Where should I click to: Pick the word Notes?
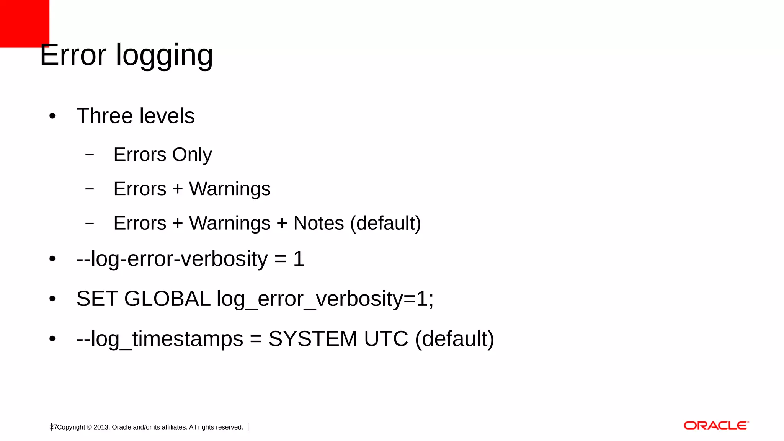pos(318,223)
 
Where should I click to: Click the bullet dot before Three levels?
pos(52,116)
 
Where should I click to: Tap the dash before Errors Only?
pos(90,155)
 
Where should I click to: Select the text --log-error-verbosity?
pos(172,259)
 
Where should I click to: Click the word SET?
pos(97,299)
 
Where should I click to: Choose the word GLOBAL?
pos(167,299)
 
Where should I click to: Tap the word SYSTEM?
pos(313,339)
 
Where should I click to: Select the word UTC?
pos(386,339)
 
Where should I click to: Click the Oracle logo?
pos(716,426)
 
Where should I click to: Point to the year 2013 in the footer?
pos(101,427)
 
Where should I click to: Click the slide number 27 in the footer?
pos(54,427)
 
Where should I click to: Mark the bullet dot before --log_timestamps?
pos(52,339)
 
